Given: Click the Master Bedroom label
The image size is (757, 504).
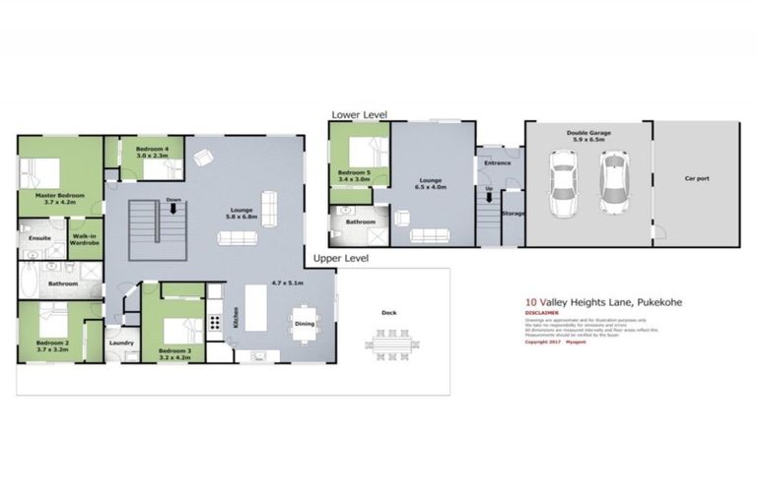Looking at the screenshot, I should pos(59,196).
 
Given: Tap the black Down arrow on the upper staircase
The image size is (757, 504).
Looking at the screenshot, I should pos(173,209).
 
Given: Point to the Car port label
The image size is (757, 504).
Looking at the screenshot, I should pos(697,179).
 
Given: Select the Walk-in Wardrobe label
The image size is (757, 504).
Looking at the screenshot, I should pos(84,239).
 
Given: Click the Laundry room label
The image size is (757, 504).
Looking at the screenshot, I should pos(121,343).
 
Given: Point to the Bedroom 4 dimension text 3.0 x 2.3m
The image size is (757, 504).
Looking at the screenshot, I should pos(146,156).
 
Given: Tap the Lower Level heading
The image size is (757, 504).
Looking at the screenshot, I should pos(359,115).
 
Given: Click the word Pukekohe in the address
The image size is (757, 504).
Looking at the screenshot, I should pos(656,302).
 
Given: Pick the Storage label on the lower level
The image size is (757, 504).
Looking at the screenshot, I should pos(512,213).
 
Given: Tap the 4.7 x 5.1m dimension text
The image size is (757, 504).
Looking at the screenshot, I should pos(287,283).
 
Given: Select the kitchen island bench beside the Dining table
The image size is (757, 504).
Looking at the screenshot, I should pos(256,309).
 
